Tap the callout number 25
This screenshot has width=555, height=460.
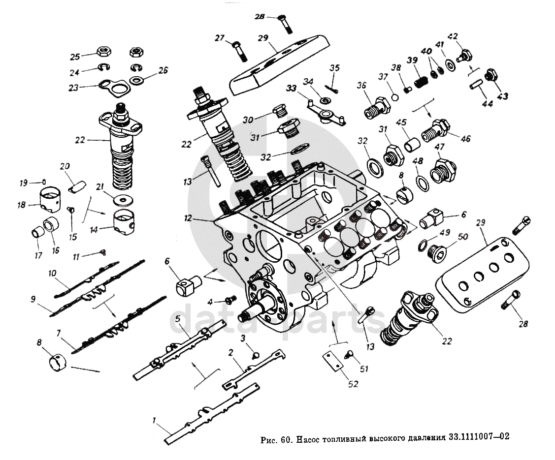pyautogui.click(x=74, y=56)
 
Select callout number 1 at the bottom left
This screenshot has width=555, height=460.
pyautogui.click(x=154, y=421)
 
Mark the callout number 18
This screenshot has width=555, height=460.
pyautogui.click(x=21, y=205)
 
